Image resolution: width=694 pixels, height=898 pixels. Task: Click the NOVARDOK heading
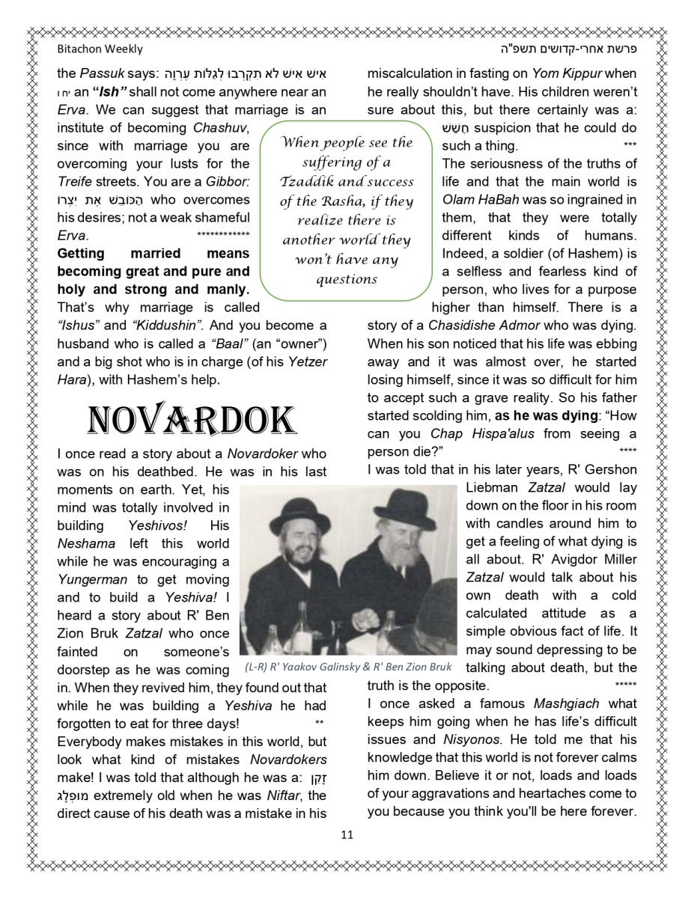point(192,421)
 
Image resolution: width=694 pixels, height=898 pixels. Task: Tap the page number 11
point(347,834)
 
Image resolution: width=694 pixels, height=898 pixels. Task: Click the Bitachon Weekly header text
point(100,49)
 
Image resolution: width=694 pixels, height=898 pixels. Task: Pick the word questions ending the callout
point(346,279)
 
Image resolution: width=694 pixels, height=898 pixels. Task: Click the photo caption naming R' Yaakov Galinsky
point(348,668)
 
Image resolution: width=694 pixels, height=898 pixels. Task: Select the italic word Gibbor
point(228,182)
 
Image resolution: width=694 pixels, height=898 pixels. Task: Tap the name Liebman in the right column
point(494,487)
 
